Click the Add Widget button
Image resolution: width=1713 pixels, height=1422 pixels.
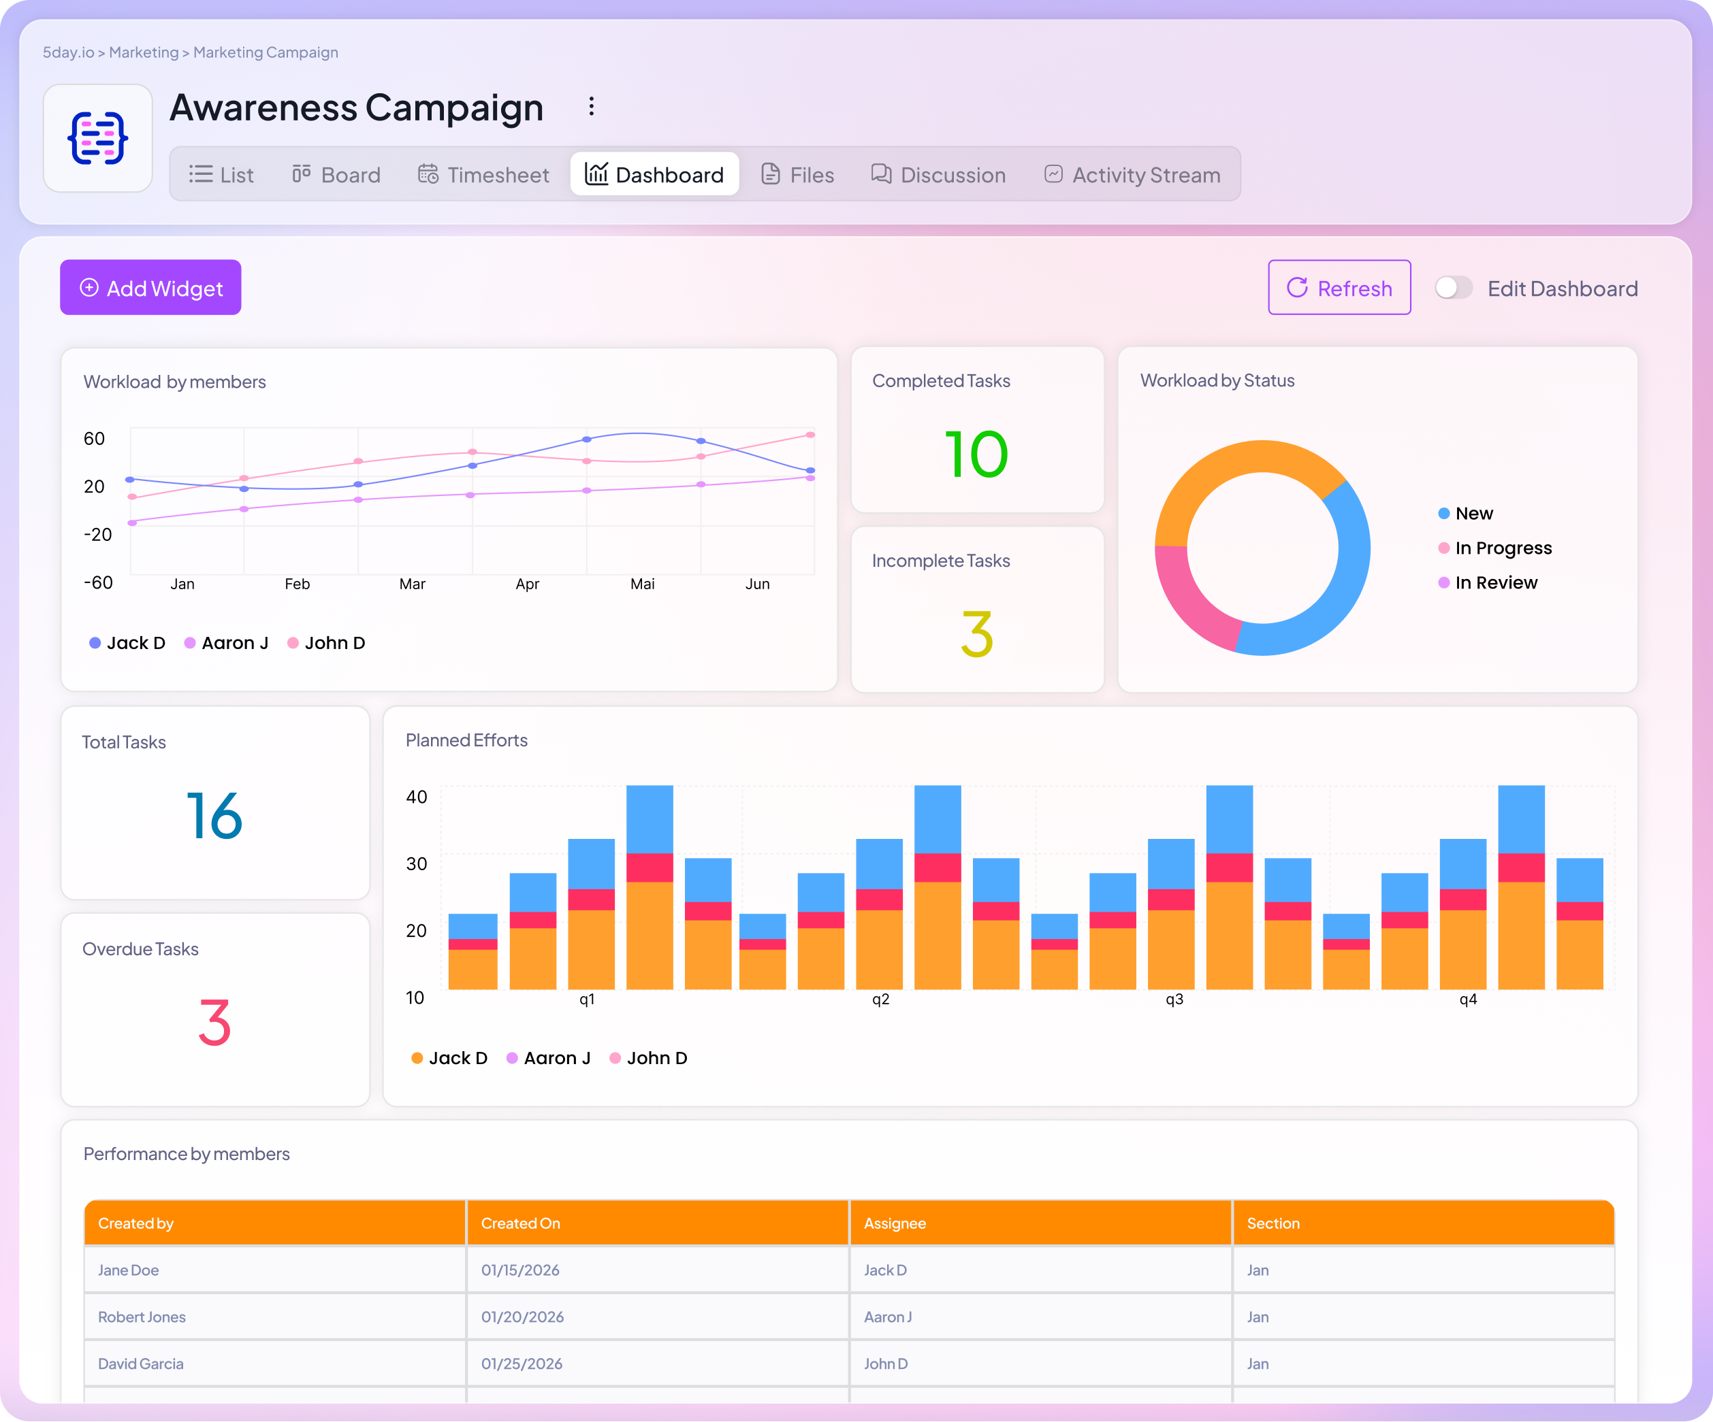(151, 288)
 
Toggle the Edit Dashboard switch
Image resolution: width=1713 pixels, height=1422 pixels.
(1453, 288)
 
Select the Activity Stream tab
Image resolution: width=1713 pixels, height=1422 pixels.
(1132, 174)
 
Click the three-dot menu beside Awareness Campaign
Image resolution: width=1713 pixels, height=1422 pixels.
(592, 107)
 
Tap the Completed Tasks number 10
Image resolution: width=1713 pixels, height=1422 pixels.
(976, 454)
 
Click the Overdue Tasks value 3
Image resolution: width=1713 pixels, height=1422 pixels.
(214, 1023)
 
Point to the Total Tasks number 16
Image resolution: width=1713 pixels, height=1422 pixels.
(214, 815)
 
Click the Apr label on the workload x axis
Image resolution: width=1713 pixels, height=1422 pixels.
(527, 584)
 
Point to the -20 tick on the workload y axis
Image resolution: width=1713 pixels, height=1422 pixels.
(98, 535)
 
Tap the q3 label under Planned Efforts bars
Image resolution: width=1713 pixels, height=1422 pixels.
(1174, 999)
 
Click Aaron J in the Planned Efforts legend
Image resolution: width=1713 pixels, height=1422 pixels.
(556, 1057)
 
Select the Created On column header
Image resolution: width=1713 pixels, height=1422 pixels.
(520, 1223)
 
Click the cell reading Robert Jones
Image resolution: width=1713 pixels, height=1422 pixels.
(142, 1317)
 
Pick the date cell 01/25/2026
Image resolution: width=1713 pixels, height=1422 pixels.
(522, 1363)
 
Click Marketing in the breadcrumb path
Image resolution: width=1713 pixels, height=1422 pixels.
(144, 52)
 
